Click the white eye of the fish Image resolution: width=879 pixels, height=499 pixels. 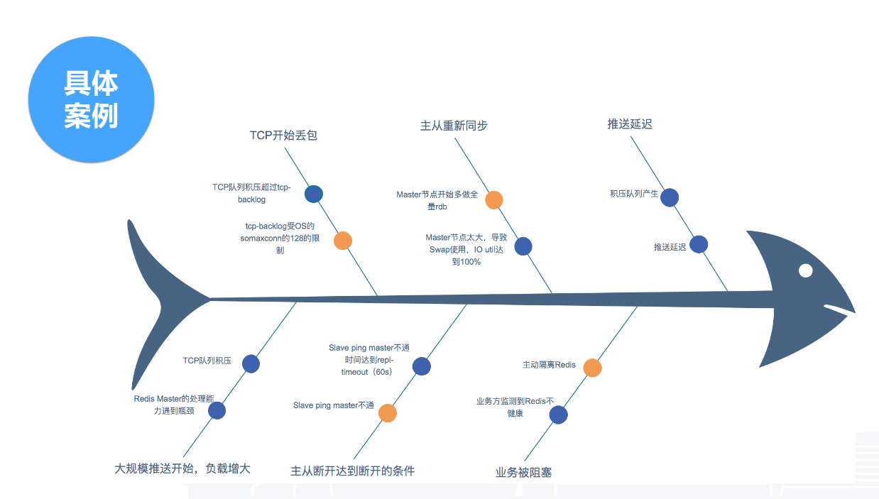(805, 270)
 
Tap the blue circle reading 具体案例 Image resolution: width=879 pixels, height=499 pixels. (91, 100)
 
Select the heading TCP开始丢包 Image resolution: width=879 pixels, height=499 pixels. (283, 135)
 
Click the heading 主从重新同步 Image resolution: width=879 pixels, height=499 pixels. (454, 126)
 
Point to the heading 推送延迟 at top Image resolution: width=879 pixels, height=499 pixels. (629, 124)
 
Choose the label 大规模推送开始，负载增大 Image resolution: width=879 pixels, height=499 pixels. (182, 468)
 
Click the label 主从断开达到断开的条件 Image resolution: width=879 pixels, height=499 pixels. (352, 471)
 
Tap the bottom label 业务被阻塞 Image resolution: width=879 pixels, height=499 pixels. (523, 472)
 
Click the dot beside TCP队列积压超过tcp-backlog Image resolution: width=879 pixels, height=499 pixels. (313, 194)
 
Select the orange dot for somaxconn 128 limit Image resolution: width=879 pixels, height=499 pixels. (343, 241)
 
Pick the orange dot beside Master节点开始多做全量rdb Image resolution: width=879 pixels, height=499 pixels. (494, 199)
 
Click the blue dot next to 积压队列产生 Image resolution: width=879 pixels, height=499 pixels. (670, 197)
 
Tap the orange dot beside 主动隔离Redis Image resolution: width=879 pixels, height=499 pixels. (592, 368)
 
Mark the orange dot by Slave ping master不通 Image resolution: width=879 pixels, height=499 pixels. (387, 413)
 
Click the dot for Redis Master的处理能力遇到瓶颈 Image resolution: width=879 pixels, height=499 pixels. (217, 410)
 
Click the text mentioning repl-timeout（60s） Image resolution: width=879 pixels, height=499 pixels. (368, 360)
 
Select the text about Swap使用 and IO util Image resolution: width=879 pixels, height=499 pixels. (466, 249)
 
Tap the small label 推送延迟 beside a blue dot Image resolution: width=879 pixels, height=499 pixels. (670, 247)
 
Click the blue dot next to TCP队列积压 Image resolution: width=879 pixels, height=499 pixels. (251, 364)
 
